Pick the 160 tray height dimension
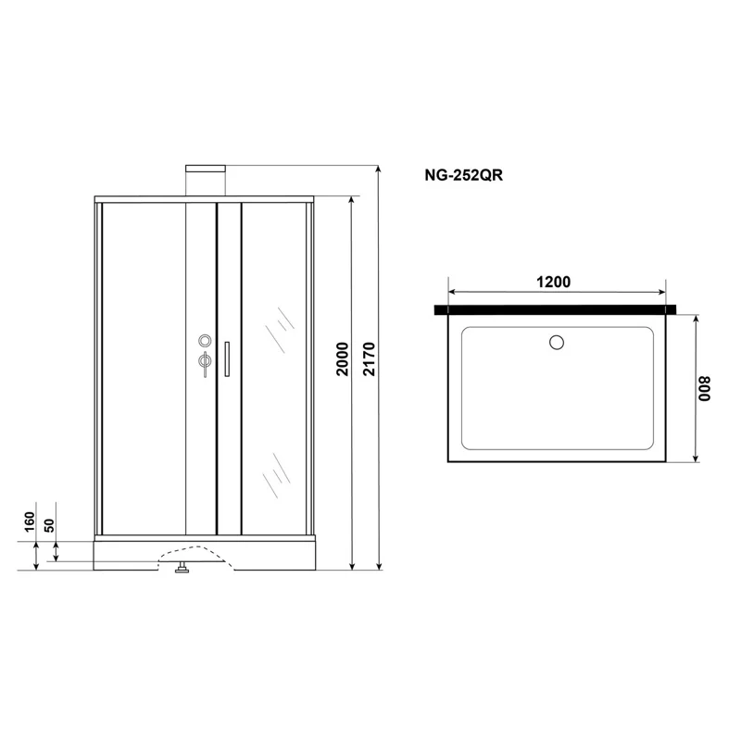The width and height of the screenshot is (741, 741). pos(29,522)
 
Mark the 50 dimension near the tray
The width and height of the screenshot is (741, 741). pos(50,526)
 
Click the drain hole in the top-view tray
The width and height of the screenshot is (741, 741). pos(557,343)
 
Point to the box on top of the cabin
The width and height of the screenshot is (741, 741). pos(207,181)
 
